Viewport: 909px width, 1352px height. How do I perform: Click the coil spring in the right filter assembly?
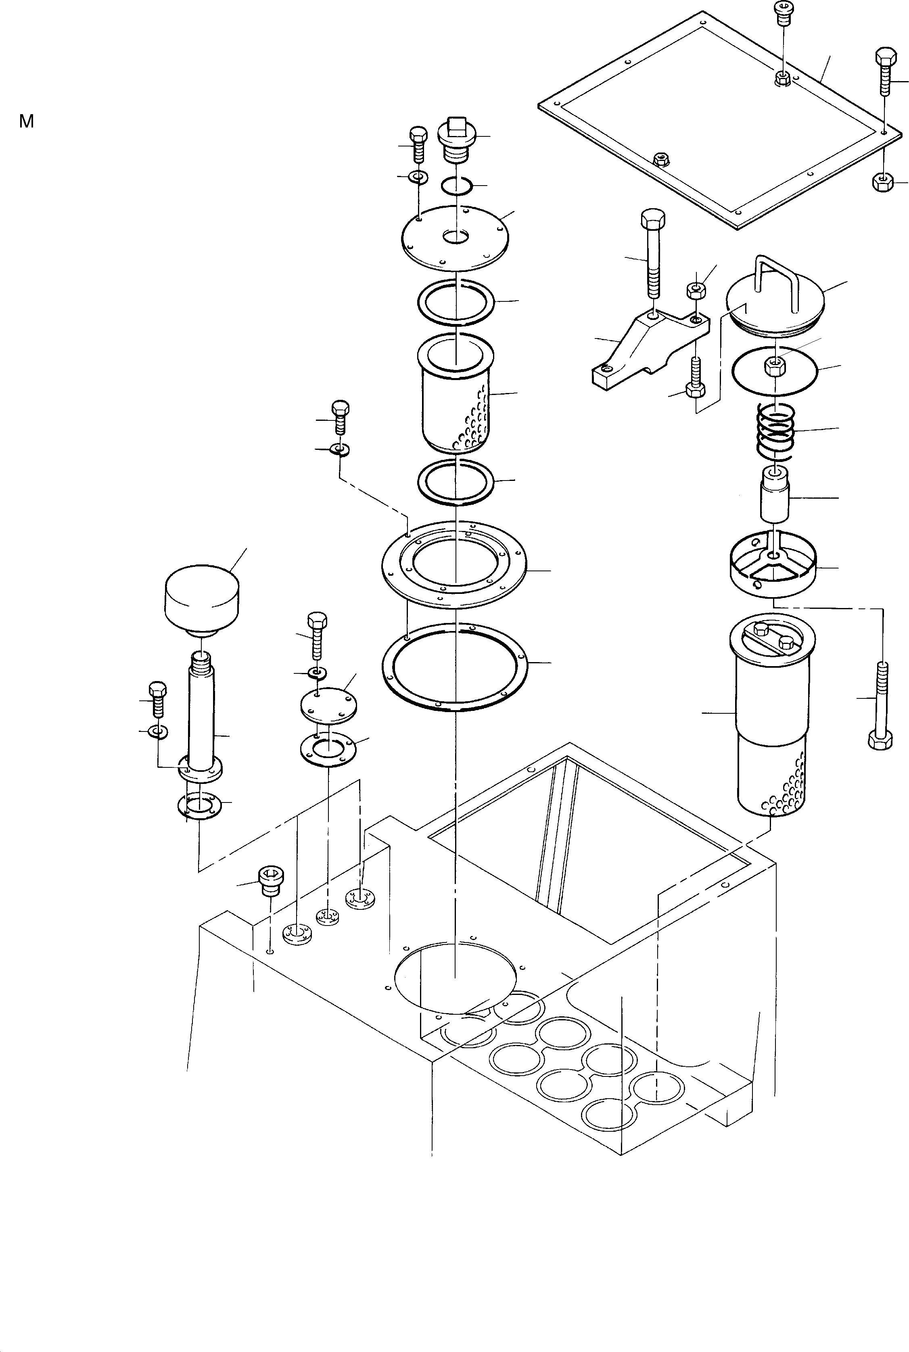[775, 431]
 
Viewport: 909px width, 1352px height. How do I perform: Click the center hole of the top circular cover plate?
[456, 236]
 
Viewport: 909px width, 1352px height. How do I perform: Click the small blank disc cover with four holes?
[328, 704]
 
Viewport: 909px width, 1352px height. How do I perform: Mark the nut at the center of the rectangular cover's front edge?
[659, 158]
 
